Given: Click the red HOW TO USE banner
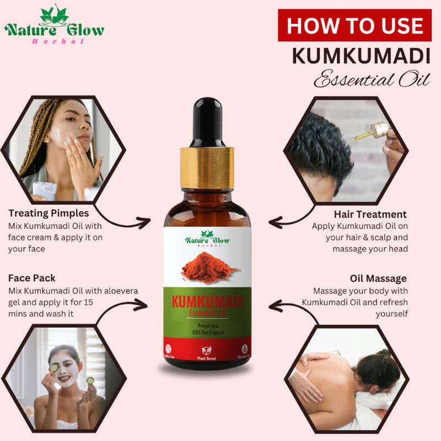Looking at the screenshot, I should coord(354,26).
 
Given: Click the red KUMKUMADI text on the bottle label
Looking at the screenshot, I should coord(207,303).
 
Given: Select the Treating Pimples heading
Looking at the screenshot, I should coord(49,213).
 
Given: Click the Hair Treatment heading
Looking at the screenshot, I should coord(370,214).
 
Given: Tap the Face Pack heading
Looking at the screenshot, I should coord(32,278).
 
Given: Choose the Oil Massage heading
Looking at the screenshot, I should coord(378,278).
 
